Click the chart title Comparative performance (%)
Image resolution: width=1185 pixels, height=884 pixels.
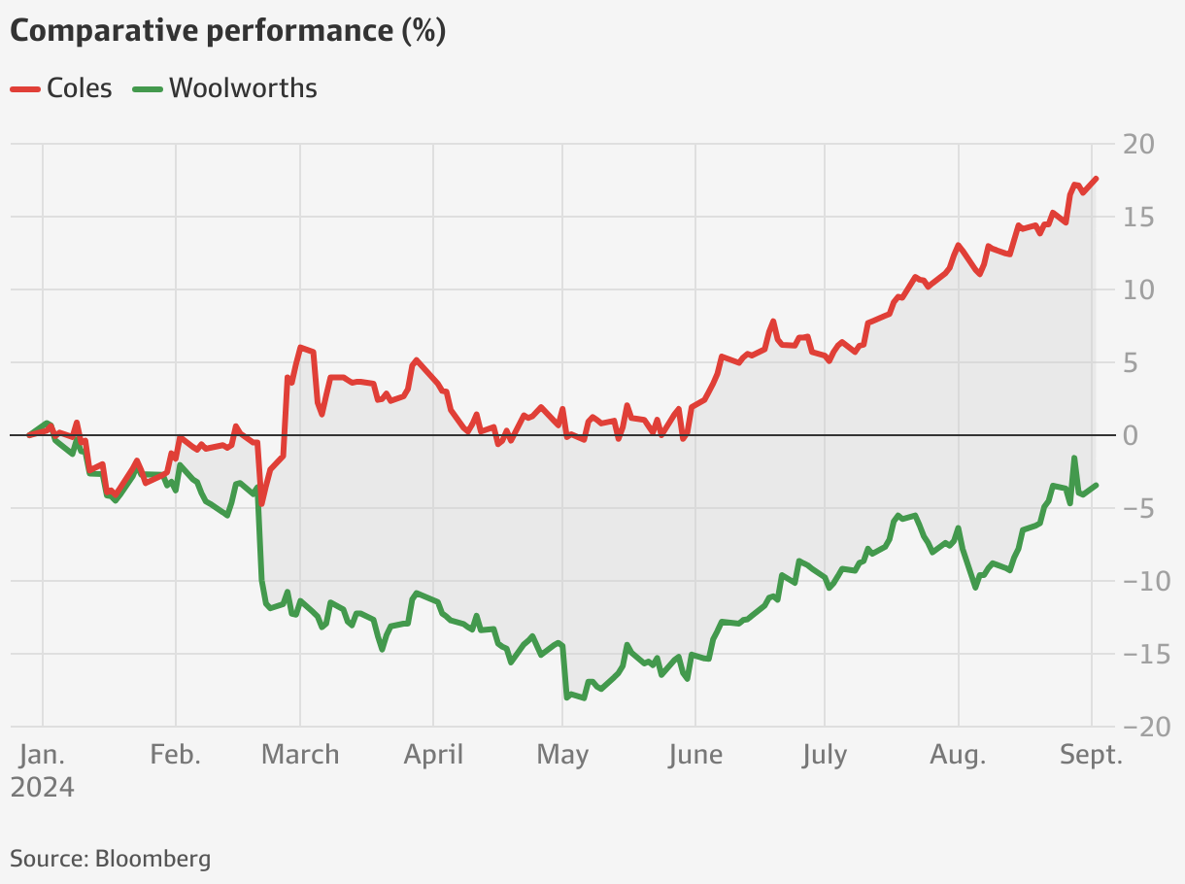pyautogui.click(x=227, y=31)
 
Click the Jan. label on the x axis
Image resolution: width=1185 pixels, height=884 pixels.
pyautogui.click(x=43, y=755)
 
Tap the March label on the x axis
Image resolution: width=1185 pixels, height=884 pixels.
pyautogui.click(x=300, y=755)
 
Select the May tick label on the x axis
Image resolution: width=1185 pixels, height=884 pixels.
pyautogui.click(x=562, y=755)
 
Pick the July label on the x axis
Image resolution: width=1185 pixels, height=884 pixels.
pyautogui.click(x=824, y=755)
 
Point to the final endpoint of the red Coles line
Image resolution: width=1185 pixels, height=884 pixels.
pyautogui.click(x=1097, y=178)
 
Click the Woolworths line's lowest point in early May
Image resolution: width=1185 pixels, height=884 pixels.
pyautogui.click(x=567, y=697)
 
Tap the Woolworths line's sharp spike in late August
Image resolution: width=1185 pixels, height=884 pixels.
pyautogui.click(x=1074, y=458)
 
